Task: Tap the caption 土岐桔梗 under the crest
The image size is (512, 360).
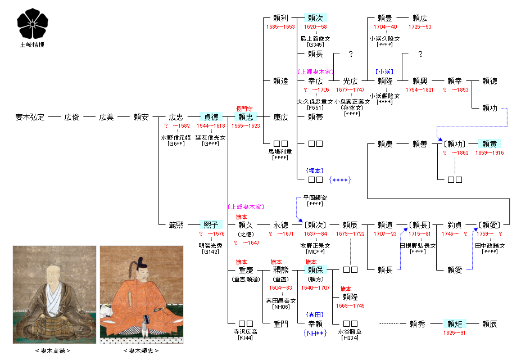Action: click(x=31, y=45)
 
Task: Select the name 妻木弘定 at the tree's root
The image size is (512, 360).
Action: click(x=30, y=118)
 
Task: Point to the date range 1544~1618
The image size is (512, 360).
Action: click(x=211, y=126)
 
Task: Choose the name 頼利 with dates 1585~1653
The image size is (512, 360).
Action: click(x=280, y=18)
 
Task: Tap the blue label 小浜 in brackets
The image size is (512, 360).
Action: click(x=385, y=72)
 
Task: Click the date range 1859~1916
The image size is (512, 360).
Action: click(x=490, y=152)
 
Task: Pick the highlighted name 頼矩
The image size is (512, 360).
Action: click(x=454, y=324)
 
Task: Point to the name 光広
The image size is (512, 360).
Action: click(x=350, y=81)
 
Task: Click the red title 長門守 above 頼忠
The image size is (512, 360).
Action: click(x=244, y=109)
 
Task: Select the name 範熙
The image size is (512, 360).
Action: click(x=176, y=224)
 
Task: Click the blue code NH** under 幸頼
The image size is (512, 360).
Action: click(x=315, y=334)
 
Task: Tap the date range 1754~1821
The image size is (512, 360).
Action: click(x=420, y=89)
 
